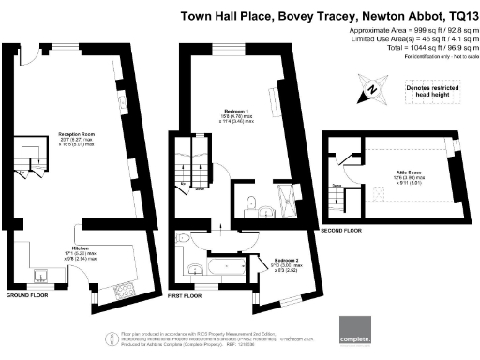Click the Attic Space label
(400, 175)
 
